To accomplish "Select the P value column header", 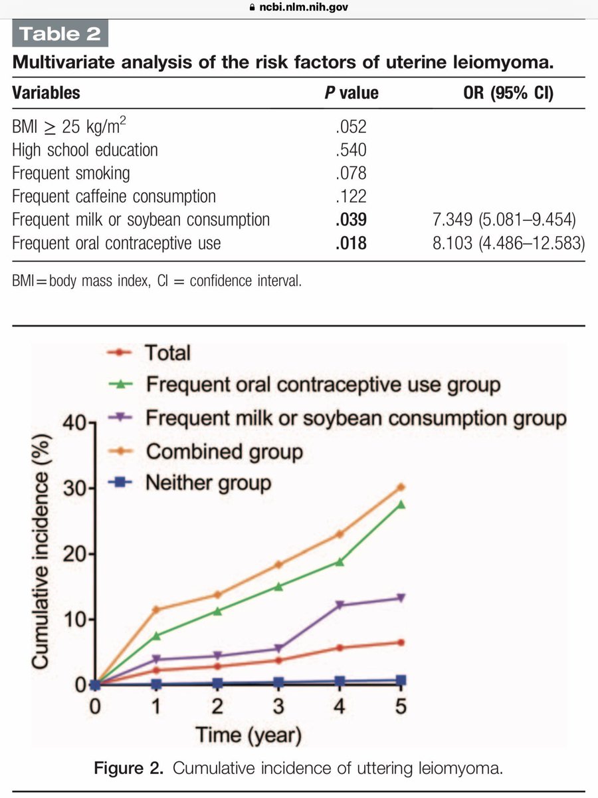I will click(x=351, y=92).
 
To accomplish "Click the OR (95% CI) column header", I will click(x=509, y=92).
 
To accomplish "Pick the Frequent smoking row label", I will click(x=71, y=173).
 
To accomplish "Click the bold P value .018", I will click(x=351, y=243).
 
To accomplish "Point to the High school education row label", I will click(x=85, y=149).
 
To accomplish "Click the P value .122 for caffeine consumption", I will click(x=351, y=196).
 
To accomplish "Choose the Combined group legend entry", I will click(x=224, y=452).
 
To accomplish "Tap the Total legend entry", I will click(x=167, y=352).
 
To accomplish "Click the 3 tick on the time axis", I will click(x=278, y=706).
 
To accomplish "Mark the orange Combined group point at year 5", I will click(x=400, y=487).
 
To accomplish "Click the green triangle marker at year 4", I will click(x=340, y=561).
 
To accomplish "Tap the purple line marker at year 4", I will click(x=340, y=605).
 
